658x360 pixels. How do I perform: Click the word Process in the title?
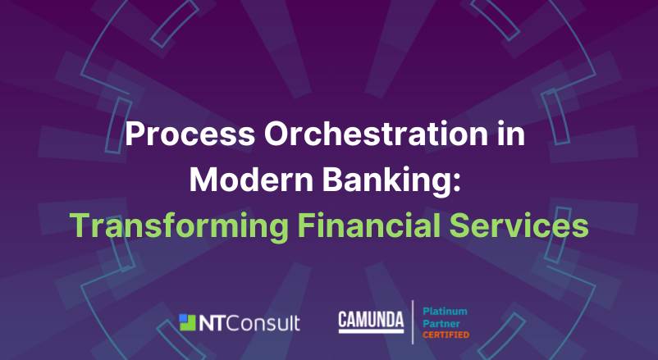(190, 134)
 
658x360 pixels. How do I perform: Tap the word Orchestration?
(376, 134)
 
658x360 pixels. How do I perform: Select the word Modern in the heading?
(251, 180)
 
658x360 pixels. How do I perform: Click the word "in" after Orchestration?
(511, 134)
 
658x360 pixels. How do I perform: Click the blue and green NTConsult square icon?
(187, 322)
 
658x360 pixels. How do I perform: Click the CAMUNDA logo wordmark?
(371, 320)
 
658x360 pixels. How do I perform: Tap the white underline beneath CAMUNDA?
(371, 331)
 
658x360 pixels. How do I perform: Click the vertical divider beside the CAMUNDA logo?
(413, 322)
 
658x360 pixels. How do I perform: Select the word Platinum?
(445, 312)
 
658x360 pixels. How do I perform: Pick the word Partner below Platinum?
(441, 323)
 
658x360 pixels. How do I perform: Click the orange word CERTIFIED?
(446, 335)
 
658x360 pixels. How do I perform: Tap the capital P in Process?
(135, 134)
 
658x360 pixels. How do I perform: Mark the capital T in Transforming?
(80, 226)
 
